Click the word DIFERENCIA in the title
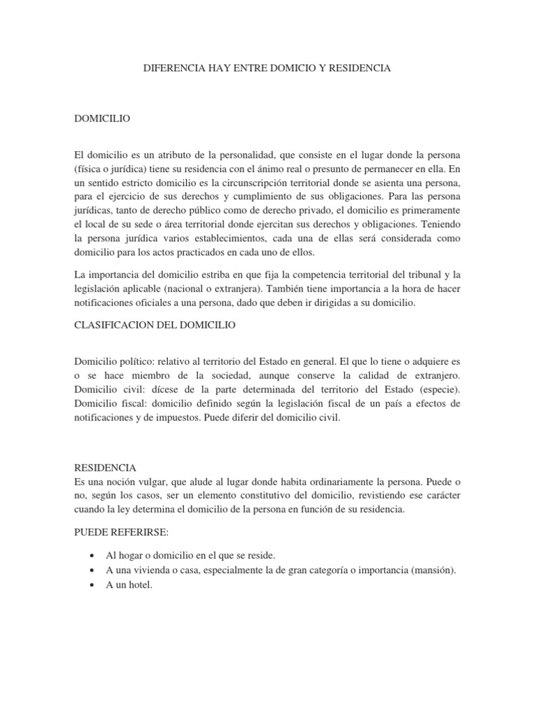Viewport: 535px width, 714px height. point(172,68)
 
